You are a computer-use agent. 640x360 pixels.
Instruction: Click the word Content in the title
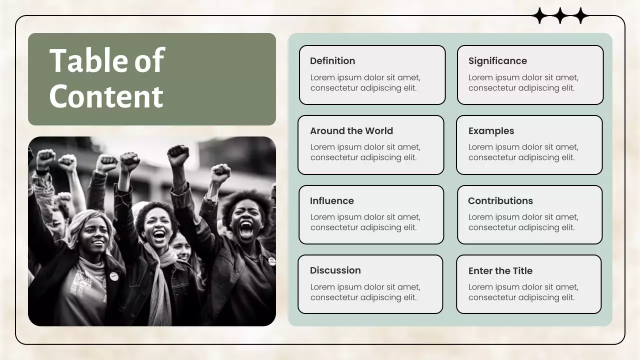point(106,96)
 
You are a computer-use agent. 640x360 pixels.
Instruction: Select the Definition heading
point(332,61)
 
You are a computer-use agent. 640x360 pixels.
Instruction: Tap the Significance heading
point(497,61)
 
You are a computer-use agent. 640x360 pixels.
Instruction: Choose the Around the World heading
point(351,131)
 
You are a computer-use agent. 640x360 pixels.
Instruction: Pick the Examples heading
point(491,131)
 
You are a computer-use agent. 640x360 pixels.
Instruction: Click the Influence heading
point(331,201)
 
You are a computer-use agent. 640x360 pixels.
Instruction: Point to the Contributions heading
point(500,201)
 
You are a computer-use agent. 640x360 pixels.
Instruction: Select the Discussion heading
point(335,270)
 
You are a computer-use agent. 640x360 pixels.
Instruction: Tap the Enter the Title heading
point(500,271)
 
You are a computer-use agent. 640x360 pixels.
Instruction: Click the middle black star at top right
point(560,16)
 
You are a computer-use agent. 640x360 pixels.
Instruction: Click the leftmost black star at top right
point(540,16)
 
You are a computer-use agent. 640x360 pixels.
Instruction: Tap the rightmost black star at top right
point(580,16)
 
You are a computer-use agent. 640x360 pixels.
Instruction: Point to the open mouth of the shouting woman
point(246,229)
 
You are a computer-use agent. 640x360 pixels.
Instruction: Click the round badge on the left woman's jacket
point(114,276)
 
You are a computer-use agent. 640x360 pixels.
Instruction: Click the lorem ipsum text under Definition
point(365,82)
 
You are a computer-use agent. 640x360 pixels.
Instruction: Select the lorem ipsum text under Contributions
point(523,222)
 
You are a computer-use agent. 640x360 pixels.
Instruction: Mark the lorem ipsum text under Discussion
point(365,292)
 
